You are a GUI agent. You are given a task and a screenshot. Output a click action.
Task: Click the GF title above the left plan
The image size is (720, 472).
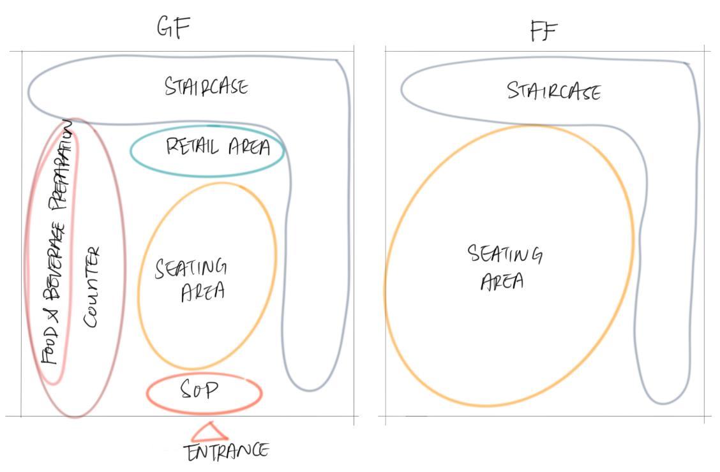coord(174,27)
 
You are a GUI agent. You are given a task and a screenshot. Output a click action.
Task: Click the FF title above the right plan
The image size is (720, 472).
coord(544,30)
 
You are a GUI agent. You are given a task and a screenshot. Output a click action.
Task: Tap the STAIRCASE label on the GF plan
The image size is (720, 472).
coord(206,86)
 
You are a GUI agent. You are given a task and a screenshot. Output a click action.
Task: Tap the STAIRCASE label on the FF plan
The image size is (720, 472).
coord(553,91)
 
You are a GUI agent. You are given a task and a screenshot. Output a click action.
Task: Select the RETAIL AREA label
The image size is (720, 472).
coord(218,147)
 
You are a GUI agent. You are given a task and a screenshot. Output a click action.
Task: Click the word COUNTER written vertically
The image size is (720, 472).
coord(93,287)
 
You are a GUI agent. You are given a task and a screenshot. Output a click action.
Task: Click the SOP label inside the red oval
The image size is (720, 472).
coord(200,389)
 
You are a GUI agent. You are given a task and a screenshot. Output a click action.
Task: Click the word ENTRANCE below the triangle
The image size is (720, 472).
coord(227,452)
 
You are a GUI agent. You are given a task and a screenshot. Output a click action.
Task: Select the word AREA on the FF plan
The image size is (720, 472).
coord(502,281)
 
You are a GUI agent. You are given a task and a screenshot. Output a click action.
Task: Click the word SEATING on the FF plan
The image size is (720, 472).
coord(505,254)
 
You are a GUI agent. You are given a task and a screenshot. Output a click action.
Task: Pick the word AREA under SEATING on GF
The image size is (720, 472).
coord(203,291)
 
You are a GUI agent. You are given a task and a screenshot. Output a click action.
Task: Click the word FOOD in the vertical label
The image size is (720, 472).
coord(50,344)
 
